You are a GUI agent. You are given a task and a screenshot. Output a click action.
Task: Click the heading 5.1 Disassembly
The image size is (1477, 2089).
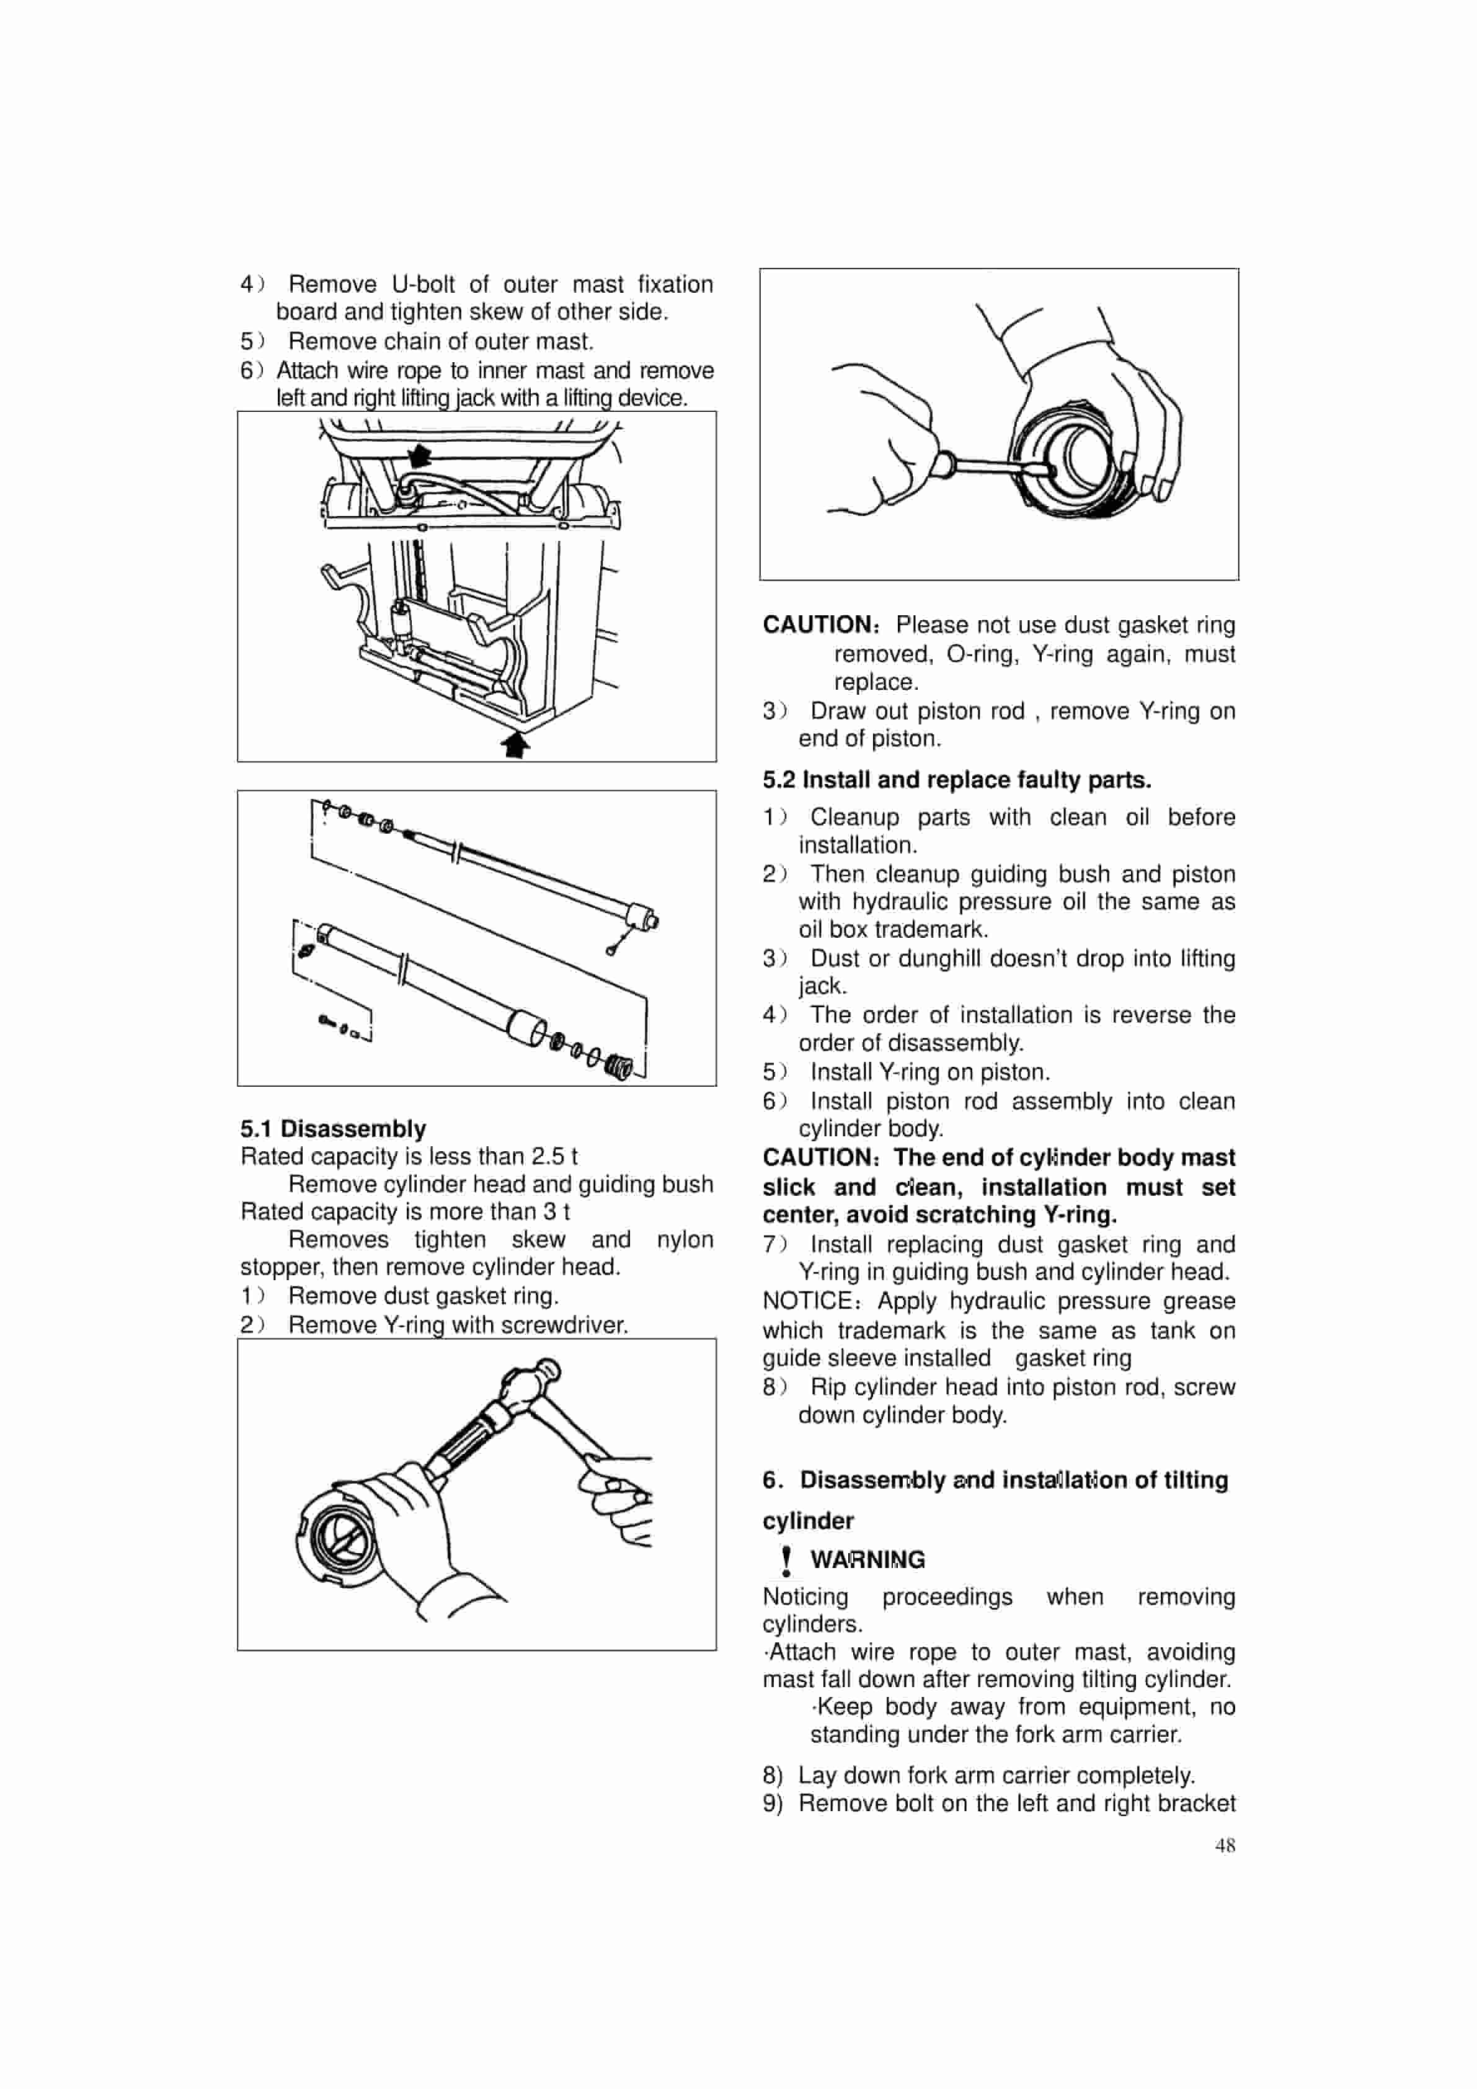333,1129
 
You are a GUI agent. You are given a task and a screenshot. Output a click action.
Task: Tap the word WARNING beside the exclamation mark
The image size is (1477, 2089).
867,1559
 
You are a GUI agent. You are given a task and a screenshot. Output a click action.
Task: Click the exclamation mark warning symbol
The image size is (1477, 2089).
786,1561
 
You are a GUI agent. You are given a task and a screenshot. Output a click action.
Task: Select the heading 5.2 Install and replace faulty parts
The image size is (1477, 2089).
956,780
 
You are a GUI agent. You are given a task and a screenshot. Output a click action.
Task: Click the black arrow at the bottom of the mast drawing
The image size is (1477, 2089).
516,745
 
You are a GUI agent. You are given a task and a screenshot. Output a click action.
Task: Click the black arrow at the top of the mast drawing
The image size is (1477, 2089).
419,455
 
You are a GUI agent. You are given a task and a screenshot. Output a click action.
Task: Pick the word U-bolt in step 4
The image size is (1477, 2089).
423,284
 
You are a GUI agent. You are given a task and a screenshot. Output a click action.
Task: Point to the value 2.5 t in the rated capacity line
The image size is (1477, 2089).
554,1156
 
